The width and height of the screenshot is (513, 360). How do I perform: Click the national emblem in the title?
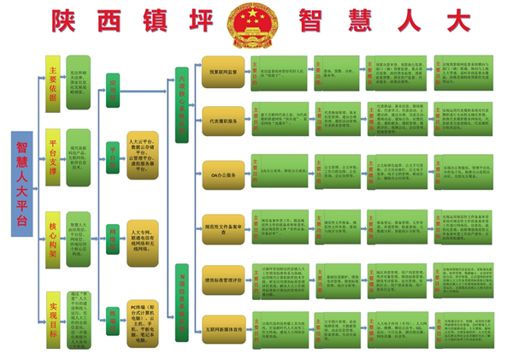[256, 27]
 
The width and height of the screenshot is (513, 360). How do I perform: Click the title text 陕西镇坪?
[137, 21]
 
